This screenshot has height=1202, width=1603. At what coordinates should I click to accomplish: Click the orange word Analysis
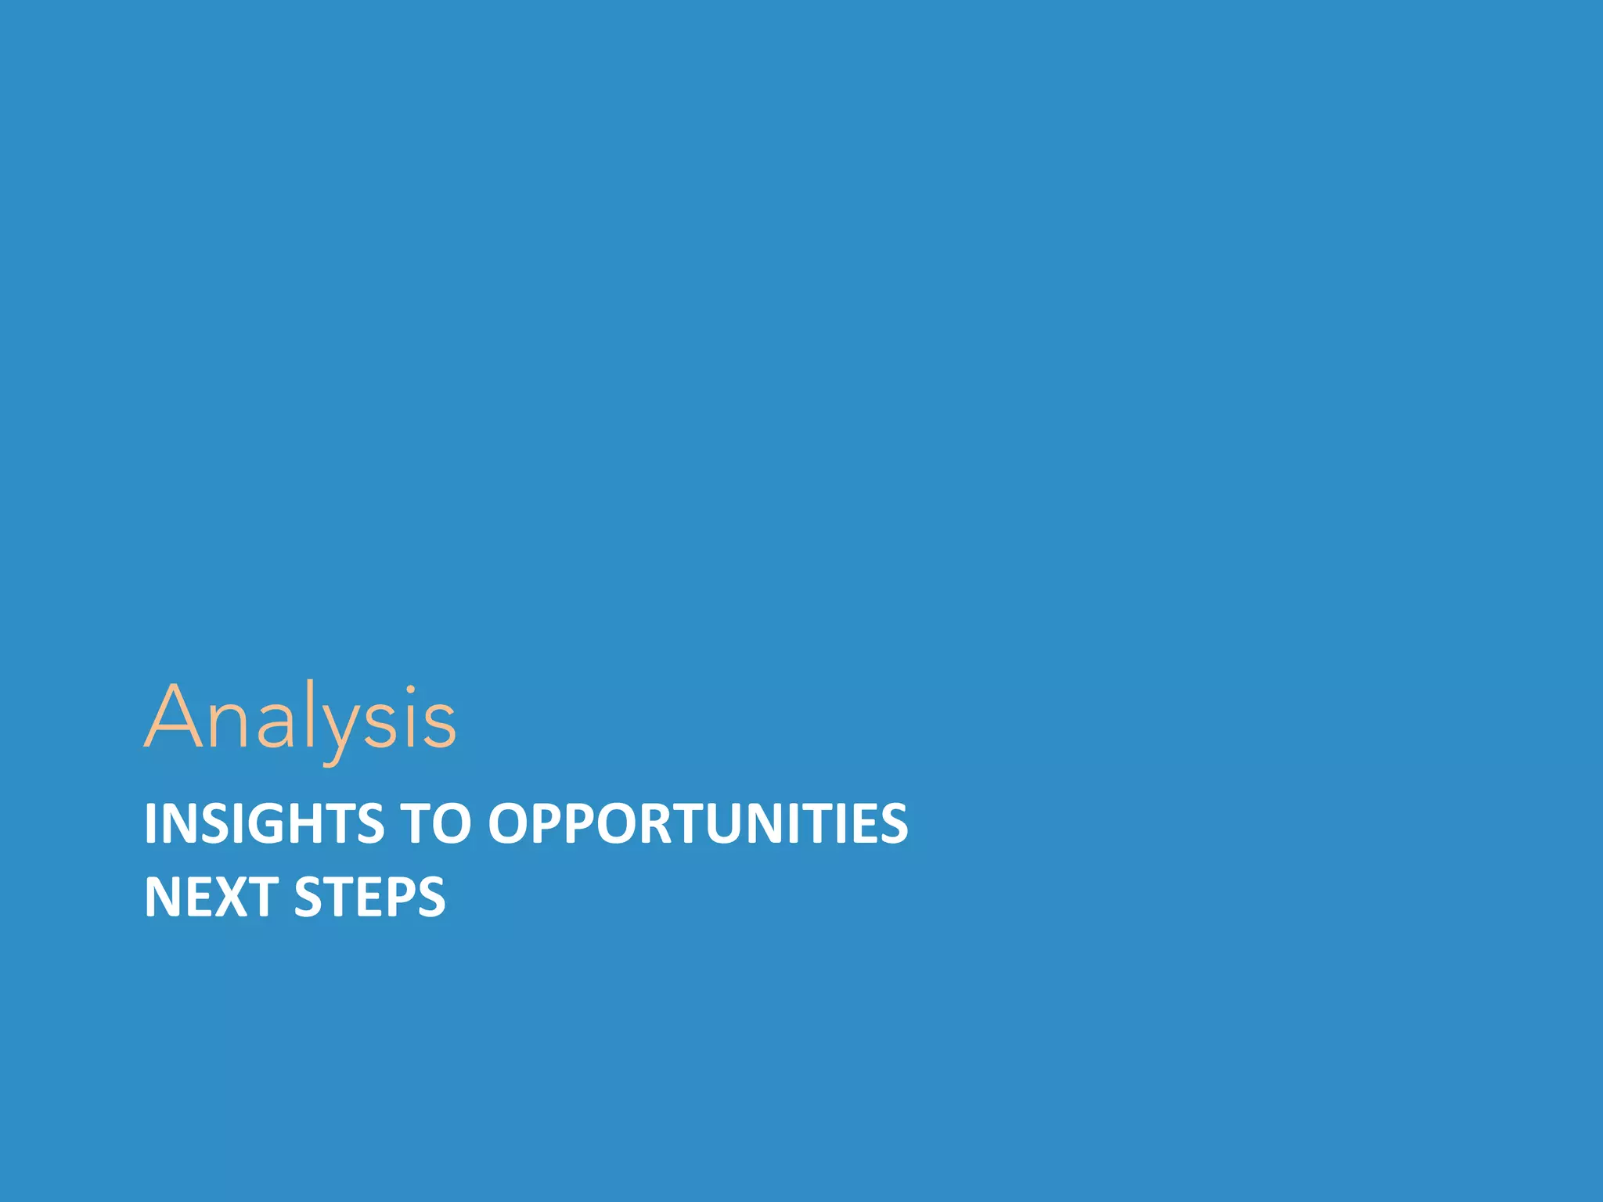point(300,718)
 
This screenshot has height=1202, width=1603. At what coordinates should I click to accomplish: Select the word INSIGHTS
point(264,823)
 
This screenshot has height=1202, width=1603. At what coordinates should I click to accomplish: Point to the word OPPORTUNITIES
point(698,823)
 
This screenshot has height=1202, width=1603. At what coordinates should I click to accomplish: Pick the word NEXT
point(211,897)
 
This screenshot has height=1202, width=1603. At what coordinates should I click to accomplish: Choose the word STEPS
point(369,897)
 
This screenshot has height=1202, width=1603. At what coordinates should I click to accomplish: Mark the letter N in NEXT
point(163,897)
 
